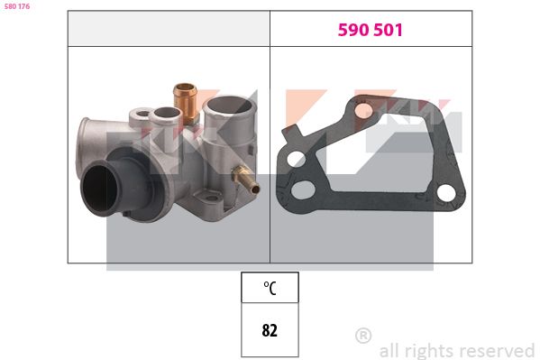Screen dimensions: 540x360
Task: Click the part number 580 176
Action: (x=17, y=6)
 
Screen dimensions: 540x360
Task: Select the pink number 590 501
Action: (x=371, y=30)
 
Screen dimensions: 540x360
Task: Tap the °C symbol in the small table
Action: (x=270, y=288)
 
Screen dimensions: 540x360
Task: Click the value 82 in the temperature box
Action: (x=270, y=330)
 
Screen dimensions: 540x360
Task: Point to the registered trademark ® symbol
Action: (x=363, y=335)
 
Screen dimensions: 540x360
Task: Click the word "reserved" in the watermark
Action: (x=498, y=351)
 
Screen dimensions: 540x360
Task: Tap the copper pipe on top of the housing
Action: (x=186, y=103)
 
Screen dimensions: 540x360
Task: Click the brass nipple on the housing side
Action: (x=246, y=179)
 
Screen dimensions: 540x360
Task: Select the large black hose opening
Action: (x=99, y=189)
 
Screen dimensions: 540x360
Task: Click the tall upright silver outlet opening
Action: (x=230, y=105)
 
